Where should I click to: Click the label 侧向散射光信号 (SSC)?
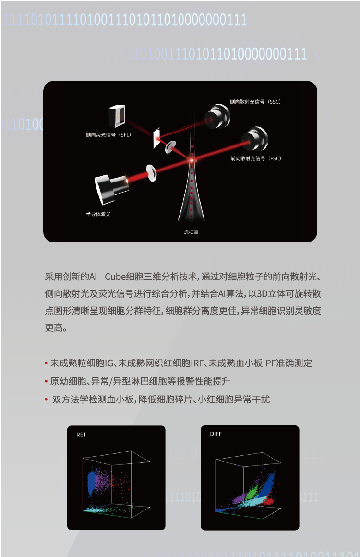pyautogui.click(x=255, y=102)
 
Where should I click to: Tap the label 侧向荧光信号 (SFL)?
pyautogui.click(x=108, y=135)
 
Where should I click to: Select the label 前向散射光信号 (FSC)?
pyautogui.click(x=256, y=158)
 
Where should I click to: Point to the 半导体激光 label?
pyautogui.click(x=98, y=214)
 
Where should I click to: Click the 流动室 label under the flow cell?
pyautogui.click(x=191, y=232)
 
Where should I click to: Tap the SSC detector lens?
pyautogui.click(x=217, y=116)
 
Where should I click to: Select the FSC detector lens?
pyautogui.click(x=254, y=139)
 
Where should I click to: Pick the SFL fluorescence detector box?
pyautogui.click(x=117, y=116)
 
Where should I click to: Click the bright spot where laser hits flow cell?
pyautogui.click(x=192, y=161)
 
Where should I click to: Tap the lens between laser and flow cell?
pyautogui.click(x=152, y=173)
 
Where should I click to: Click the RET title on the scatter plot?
pyautogui.click(x=81, y=435)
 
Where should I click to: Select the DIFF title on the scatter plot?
pyautogui.click(x=216, y=434)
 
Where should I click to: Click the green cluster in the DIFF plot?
pyautogui.click(x=252, y=492)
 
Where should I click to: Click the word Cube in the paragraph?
pyautogui.click(x=115, y=277)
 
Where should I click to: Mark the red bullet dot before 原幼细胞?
pyautogui.click(x=46, y=382)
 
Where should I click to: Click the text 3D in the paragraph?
pyautogui.click(x=262, y=294)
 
